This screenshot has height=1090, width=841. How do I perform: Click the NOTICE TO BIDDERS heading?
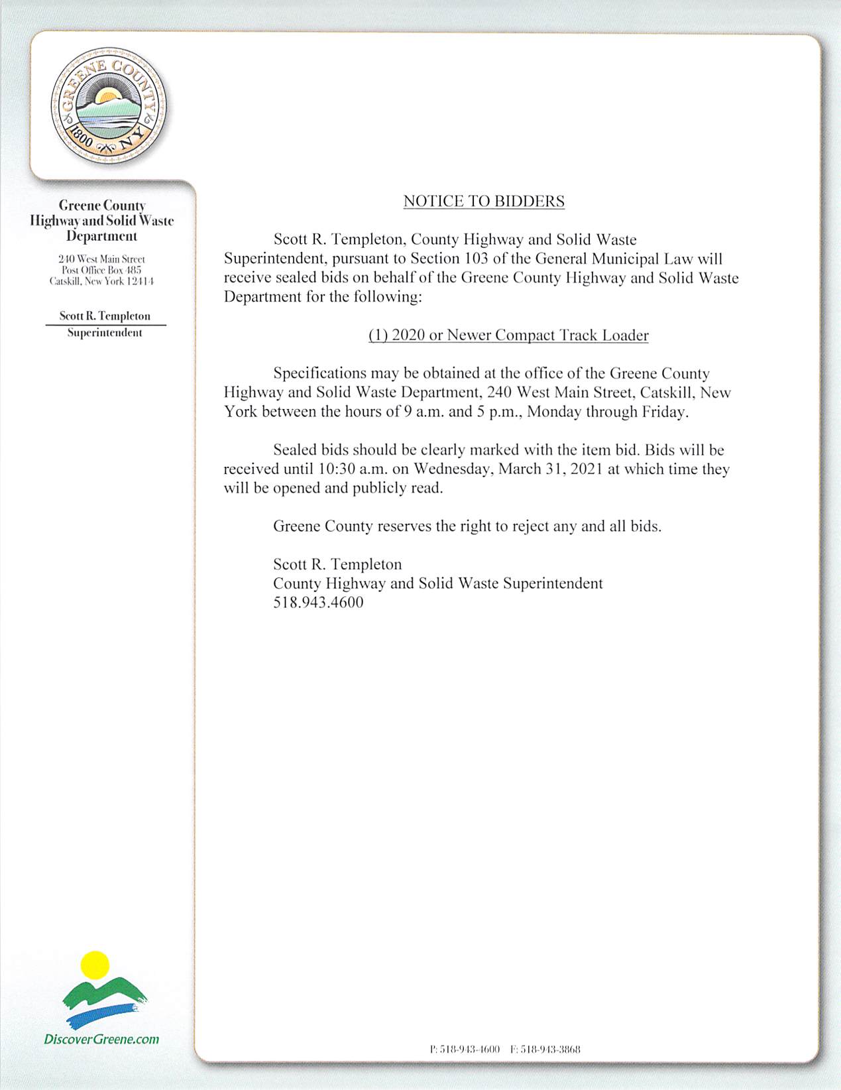click(x=484, y=202)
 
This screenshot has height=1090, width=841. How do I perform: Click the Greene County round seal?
click(x=109, y=106)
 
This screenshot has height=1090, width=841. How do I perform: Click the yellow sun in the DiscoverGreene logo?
click(x=95, y=965)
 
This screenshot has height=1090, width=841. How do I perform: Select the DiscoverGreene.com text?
click(x=101, y=1039)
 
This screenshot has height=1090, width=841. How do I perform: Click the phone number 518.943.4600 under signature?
click(x=318, y=603)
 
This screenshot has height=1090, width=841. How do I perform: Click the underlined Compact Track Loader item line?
click(x=508, y=335)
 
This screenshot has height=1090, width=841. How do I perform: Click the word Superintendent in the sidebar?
click(x=105, y=333)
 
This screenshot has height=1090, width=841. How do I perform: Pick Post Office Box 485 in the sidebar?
click(x=101, y=270)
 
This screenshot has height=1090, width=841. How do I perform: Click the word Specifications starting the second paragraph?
click(x=319, y=374)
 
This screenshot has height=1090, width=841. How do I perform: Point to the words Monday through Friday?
click(x=607, y=412)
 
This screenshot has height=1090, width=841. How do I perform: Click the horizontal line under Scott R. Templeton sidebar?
click(x=105, y=325)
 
